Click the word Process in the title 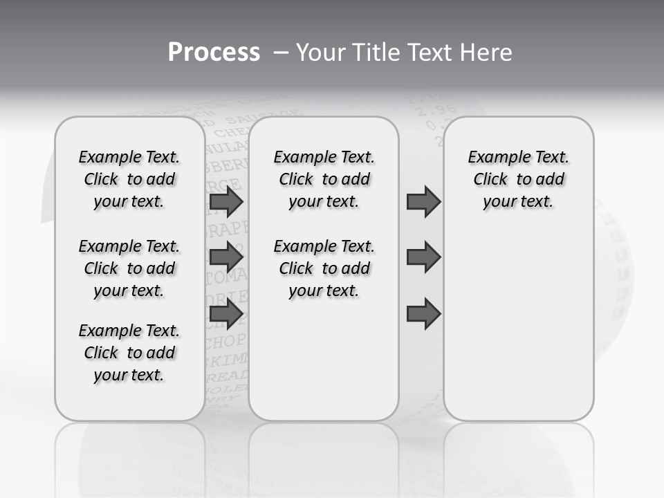click(214, 52)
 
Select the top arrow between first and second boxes click(226, 202)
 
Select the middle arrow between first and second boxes click(226, 257)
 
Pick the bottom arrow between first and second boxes click(226, 314)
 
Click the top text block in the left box click(129, 179)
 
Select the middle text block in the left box click(129, 268)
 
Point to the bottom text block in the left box click(129, 353)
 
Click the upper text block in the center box click(324, 179)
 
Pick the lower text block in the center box click(324, 268)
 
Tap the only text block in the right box click(518, 179)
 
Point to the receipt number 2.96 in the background click(422, 110)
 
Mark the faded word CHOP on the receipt click(225, 341)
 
